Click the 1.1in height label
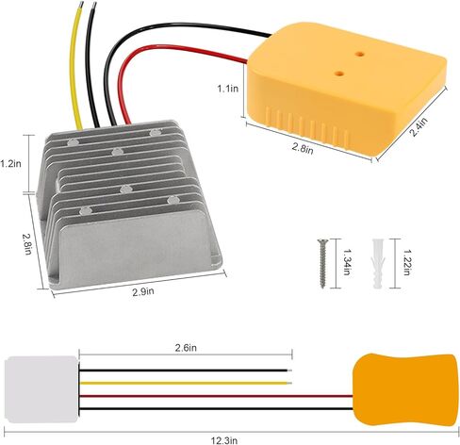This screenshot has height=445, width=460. pos(228,89)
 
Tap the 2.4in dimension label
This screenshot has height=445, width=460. pos(419,126)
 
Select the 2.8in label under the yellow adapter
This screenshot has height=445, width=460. pos(303,148)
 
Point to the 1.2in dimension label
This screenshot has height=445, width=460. pos(10,163)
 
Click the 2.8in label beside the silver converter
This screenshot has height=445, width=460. pos(27,244)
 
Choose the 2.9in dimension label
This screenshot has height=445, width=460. pos(143,292)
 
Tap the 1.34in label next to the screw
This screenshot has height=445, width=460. pos(346,262)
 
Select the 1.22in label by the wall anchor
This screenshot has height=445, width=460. pos(406,262)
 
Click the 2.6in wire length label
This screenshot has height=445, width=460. pos(186,348)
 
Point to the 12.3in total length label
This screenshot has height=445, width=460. pos(223,440)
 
